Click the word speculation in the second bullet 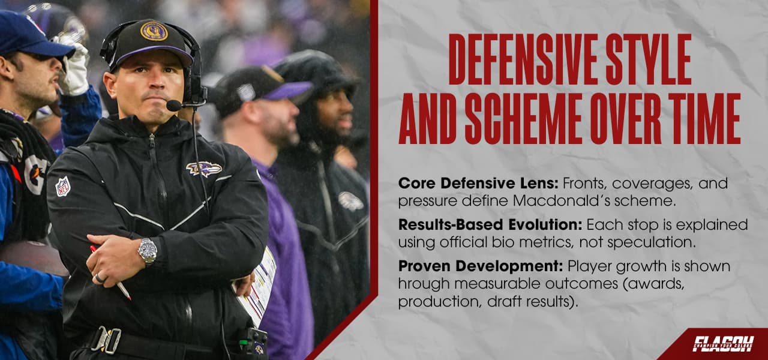pos(647,242)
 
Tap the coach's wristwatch pos(146,251)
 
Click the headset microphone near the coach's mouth pos(174,106)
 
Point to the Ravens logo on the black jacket pos(203,169)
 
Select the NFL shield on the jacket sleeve pos(62,187)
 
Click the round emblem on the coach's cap pos(154,31)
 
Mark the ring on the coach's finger pos(100,278)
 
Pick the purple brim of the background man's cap pos(289,92)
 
